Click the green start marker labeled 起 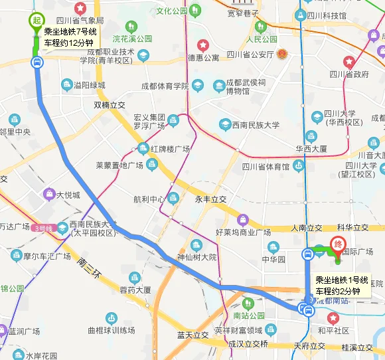click(x=37, y=20)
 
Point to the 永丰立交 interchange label click(x=210, y=199)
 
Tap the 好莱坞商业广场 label click(x=243, y=232)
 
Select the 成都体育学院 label click(x=165, y=86)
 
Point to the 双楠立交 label click(x=110, y=105)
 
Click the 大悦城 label click(x=68, y=195)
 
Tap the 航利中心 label click(x=149, y=199)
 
